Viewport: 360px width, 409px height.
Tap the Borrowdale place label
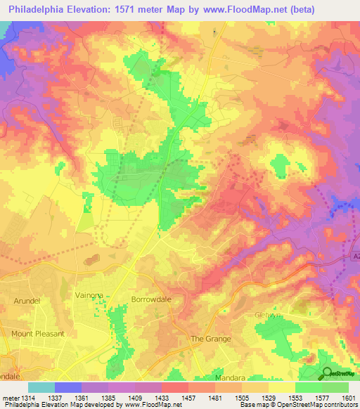[150, 299]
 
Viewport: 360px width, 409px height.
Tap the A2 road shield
[355, 258]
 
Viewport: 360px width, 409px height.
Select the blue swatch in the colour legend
[68, 387]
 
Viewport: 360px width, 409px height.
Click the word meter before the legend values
[10, 397]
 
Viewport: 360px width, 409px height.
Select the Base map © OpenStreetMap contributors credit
[298, 405]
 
